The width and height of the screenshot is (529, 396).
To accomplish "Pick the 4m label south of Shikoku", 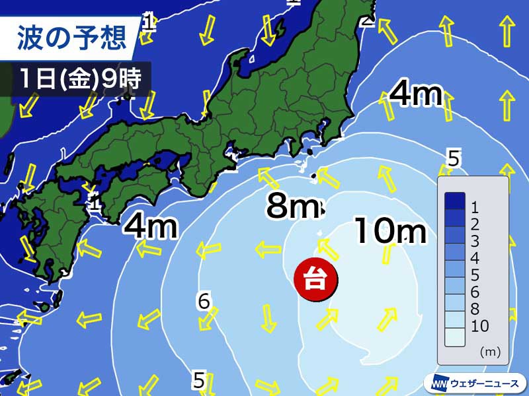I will coord(151,226).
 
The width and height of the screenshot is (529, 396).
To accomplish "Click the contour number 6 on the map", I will coord(204,302).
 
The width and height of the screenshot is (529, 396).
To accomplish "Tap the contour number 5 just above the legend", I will coord(453,159).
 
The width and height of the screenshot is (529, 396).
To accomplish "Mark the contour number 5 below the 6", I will coord(199,379).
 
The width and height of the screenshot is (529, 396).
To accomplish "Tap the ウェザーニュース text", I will coord(485,382).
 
